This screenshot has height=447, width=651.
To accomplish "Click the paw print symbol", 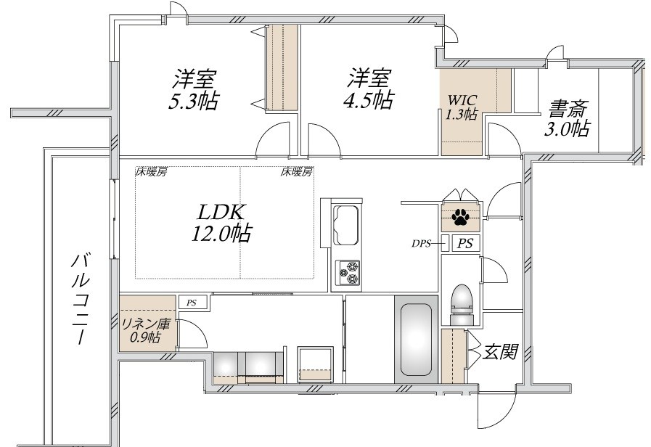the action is click(459, 217).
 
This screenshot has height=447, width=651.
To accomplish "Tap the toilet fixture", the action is click(462, 305).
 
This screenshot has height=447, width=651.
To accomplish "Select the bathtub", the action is click(416, 339).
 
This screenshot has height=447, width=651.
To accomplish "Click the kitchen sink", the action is click(347, 225).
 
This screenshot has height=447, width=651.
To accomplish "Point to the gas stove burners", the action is click(348, 273).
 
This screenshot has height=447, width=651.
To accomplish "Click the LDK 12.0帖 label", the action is click(221, 223).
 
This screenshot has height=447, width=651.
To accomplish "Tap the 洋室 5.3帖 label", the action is click(194, 90).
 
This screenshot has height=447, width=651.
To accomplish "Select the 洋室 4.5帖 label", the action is click(368, 89).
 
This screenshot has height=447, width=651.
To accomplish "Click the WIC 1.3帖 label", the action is click(461, 107).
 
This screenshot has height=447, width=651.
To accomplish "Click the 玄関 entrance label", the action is click(500, 351).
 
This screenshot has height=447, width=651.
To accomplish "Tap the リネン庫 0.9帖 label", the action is click(145, 330).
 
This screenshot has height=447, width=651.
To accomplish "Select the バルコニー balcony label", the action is click(80, 298).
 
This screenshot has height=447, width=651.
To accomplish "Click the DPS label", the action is click(421, 244).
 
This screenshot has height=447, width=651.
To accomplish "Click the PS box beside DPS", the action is click(465, 243).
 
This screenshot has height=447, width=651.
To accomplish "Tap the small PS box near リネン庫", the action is click(192, 302).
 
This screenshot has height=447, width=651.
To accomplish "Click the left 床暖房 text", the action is click(151, 172).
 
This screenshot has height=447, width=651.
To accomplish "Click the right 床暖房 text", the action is click(296, 171).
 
